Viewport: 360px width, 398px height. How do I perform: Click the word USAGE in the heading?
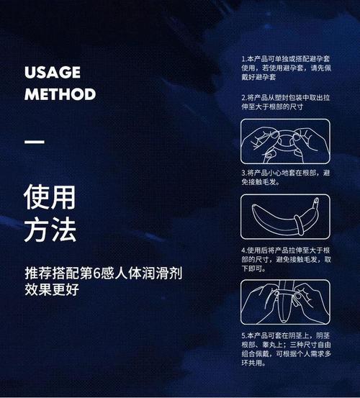click(x=52, y=73)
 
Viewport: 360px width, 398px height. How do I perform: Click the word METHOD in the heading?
click(x=60, y=94)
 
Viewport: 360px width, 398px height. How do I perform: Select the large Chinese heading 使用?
click(x=50, y=196)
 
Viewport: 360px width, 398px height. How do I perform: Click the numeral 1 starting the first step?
click(x=243, y=58)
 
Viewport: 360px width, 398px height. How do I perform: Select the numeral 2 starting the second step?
click(x=243, y=97)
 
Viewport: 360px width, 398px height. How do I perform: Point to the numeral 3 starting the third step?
click(x=243, y=173)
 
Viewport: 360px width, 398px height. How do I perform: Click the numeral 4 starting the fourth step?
click(x=243, y=249)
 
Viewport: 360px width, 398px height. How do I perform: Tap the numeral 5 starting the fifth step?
click(x=243, y=335)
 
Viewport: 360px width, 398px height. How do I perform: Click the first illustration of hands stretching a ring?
click(x=285, y=143)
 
